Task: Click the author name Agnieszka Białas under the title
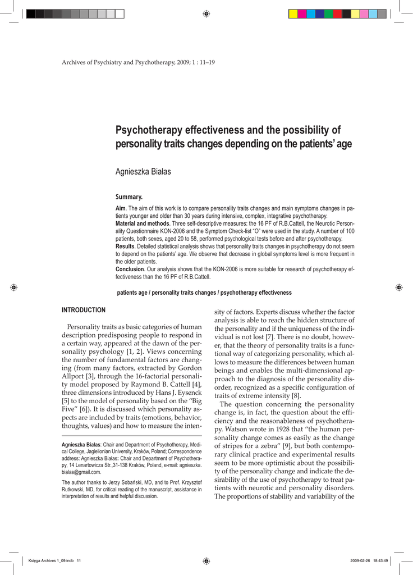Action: (x=143, y=172)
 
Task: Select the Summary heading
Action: (x=129, y=197)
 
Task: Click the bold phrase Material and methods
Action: (x=143, y=223)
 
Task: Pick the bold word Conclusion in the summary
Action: (x=131, y=270)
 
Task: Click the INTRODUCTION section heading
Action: (x=84, y=310)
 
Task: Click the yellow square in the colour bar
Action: (x=293, y=13)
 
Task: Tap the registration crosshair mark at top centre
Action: (x=206, y=13)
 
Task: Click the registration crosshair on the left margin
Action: (x=15, y=287)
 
